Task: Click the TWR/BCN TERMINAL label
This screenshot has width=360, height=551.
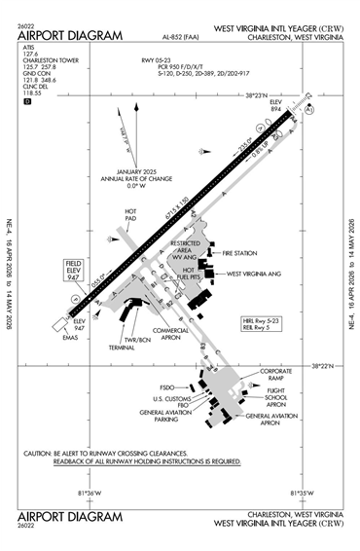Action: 123,342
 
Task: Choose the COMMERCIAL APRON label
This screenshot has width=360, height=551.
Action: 171,334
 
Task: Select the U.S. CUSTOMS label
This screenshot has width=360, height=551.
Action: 170,399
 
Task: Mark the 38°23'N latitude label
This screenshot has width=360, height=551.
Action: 263,95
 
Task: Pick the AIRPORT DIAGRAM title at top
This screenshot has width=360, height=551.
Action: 70,36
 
